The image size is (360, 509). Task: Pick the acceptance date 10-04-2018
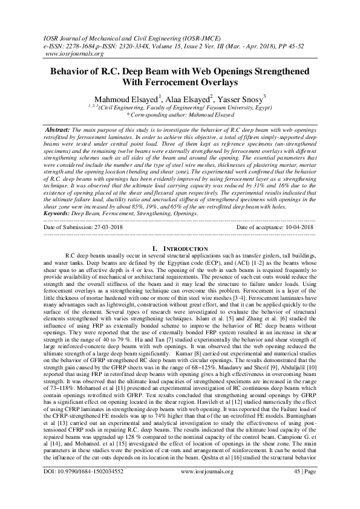tap(293, 227)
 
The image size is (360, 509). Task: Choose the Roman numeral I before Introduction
tap(155, 248)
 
